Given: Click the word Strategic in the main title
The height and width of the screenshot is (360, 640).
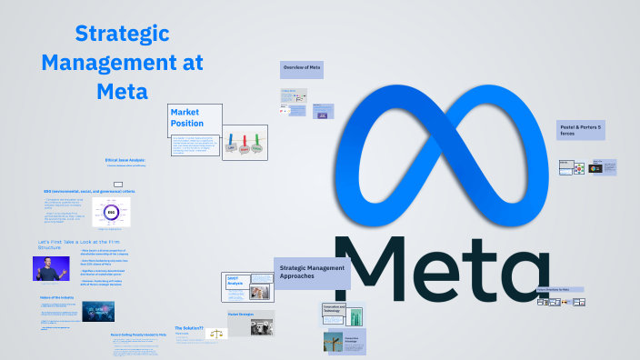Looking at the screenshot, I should click(123, 35).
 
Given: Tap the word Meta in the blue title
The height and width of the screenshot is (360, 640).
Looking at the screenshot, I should click(122, 91).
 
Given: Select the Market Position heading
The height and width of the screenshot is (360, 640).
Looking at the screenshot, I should click(187, 117).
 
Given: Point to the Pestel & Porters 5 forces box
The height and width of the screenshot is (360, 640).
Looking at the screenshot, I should click(581, 130).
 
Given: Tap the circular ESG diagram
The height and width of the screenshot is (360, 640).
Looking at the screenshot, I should click(111, 213).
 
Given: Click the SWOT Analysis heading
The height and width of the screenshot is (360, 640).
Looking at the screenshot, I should click(235, 282).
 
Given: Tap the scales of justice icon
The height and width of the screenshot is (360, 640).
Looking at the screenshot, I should click(215, 334).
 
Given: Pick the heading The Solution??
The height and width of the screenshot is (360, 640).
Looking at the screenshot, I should click(189, 326).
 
